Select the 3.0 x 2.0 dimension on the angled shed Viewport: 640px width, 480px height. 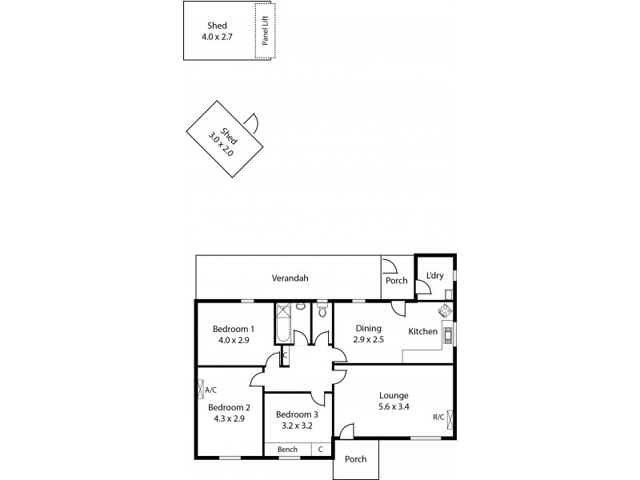pyautogui.click(x=222, y=148)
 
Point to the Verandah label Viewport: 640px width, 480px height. pyautogui.click(x=290, y=278)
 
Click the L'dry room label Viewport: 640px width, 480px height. pyautogui.click(x=434, y=276)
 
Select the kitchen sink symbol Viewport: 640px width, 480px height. pyautogui.click(x=448, y=334)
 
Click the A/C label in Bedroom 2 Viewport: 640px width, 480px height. pyautogui.click(x=211, y=390)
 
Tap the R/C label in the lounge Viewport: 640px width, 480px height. pyautogui.click(x=438, y=417)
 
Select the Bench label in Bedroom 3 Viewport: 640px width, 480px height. pyautogui.click(x=287, y=450)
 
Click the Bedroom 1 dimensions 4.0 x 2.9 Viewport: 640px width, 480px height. pyautogui.click(x=233, y=340)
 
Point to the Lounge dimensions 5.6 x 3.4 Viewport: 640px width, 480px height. pyautogui.click(x=394, y=406)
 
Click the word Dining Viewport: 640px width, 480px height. pyautogui.click(x=369, y=328)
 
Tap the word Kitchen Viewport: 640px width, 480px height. pyautogui.click(x=422, y=331)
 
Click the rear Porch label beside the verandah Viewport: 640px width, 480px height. pyautogui.click(x=397, y=281)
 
